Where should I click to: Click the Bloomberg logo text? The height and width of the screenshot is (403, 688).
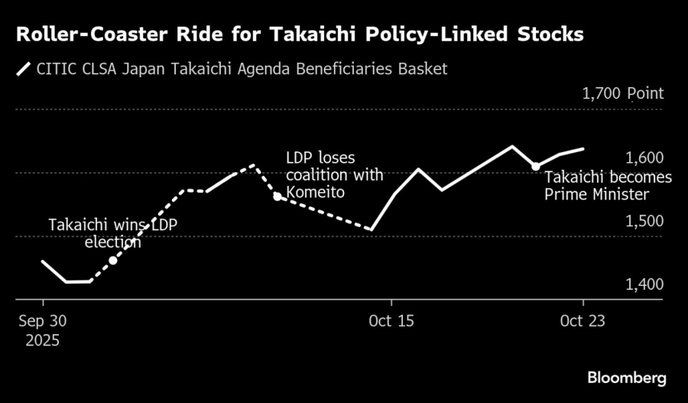click(626, 378)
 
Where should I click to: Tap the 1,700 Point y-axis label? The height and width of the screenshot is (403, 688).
click(623, 95)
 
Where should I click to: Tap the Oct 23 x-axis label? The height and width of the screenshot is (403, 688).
click(583, 321)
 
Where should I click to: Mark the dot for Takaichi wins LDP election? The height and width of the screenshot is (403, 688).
click(113, 261)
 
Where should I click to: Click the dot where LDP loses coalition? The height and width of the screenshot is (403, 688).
click(277, 197)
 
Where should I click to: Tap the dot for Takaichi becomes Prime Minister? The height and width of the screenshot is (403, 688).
click(536, 166)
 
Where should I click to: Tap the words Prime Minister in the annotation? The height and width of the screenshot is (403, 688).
click(596, 195)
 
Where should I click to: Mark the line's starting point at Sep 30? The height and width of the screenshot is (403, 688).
click(41, 262)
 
